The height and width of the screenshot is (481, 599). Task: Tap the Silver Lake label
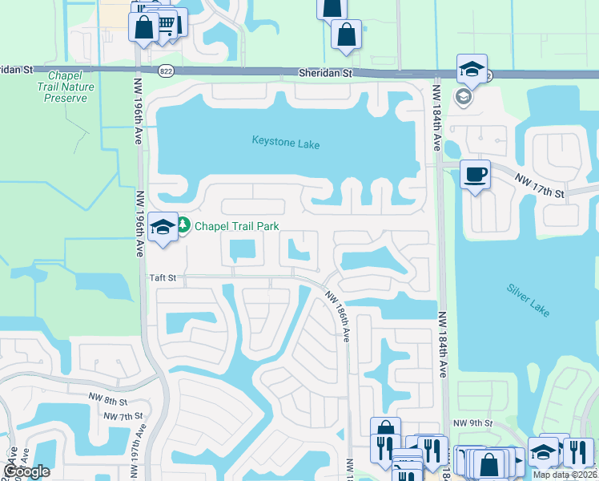coord(528,299)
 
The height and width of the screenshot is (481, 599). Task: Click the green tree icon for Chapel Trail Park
coord(183,226)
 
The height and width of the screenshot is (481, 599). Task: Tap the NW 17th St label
coord(540,186)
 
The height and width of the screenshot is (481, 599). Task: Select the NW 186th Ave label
coord(337,316)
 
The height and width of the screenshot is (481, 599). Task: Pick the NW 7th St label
coord(123,415)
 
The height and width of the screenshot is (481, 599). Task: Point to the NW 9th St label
coord(470,423)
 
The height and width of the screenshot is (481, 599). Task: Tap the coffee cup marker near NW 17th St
coord(475,174)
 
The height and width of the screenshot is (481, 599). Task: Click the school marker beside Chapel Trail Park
coord(163,226)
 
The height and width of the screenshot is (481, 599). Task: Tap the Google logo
coord(26,471)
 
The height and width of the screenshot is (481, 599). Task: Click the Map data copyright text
coord(564,475)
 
